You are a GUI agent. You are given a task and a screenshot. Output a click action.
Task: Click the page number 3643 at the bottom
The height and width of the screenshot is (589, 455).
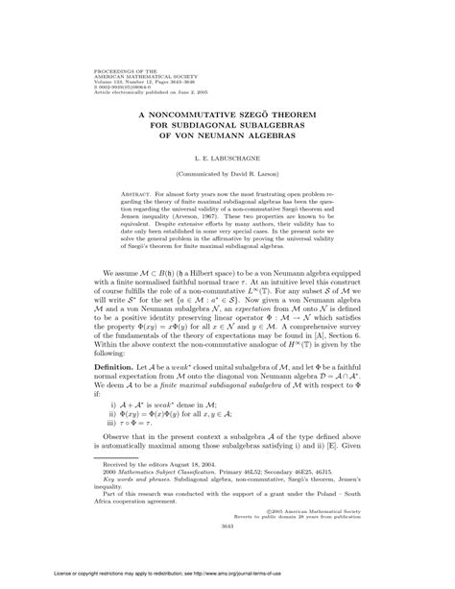coord(227,552)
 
